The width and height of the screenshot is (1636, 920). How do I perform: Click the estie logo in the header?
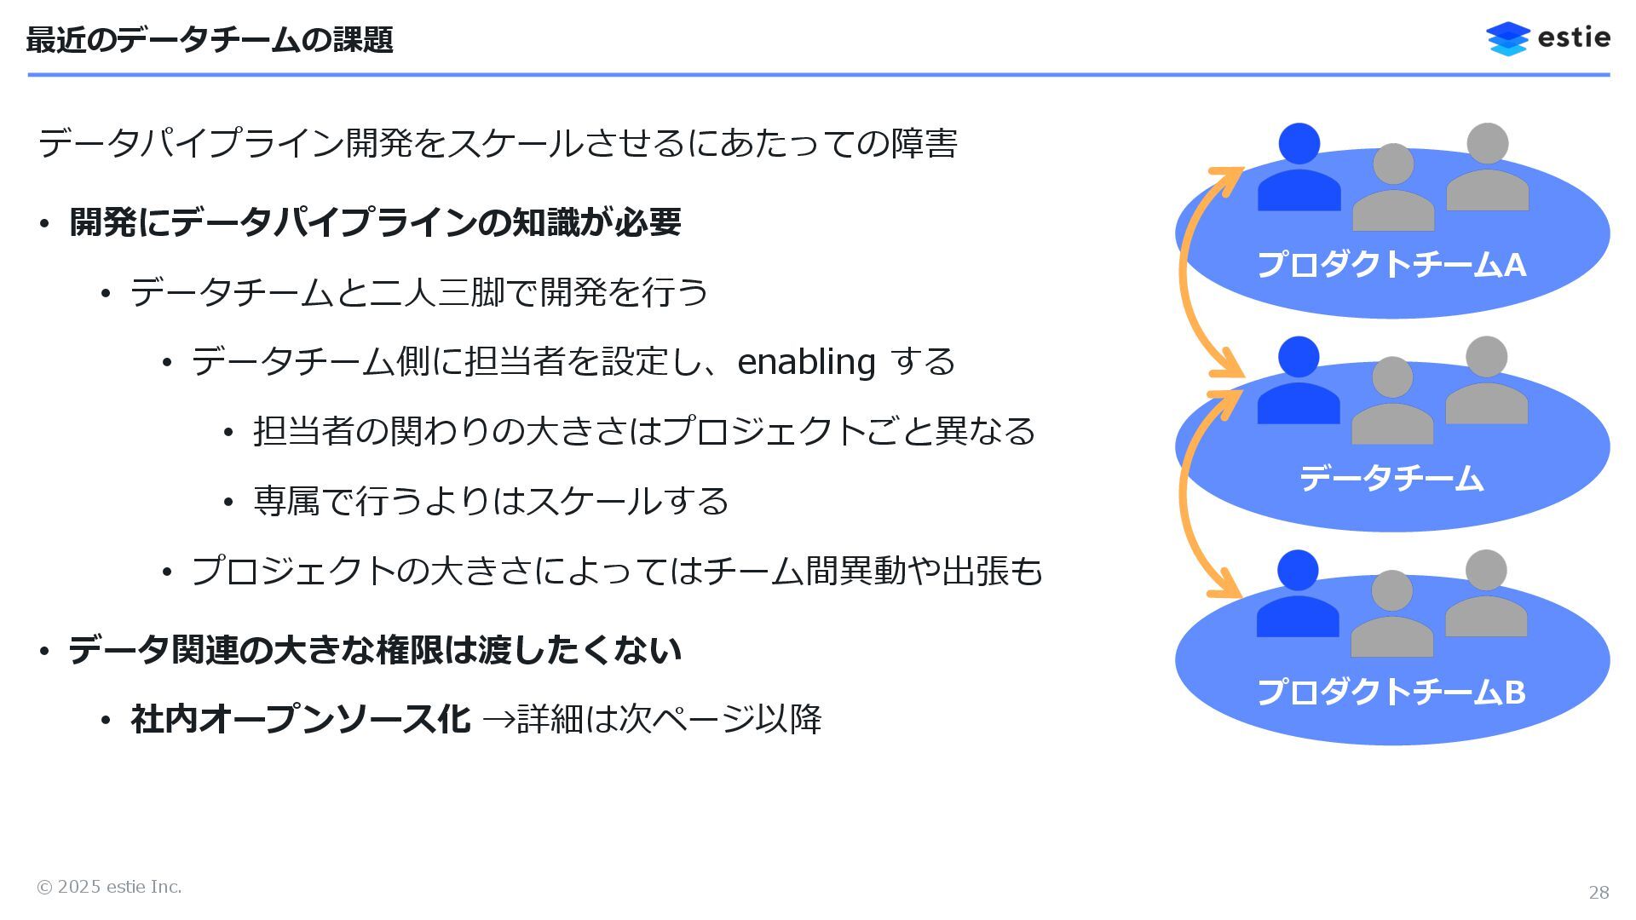[x=1547, y=38]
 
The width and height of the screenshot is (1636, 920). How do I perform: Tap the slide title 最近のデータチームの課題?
[x=210, y=40]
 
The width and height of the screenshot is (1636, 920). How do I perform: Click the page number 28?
[x=1599, y=892]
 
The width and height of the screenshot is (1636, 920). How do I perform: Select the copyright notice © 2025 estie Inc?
[x=109, y=887]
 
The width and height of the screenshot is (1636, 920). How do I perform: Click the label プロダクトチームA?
[x=1391, y=265]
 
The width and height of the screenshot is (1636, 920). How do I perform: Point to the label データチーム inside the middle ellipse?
[x=1391, y=478]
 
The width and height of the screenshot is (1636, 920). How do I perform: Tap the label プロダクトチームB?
[x=1391, y=692]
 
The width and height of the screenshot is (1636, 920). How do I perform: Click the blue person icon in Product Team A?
[x=1299, y=170]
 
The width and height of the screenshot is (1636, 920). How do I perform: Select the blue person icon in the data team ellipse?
[x=1299, y=383]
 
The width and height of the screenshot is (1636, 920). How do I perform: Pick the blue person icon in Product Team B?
[x=1298, y=596]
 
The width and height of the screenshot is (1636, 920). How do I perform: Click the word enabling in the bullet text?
[x=806, y=362]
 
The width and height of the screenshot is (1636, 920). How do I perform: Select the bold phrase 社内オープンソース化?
[x=300, y=719]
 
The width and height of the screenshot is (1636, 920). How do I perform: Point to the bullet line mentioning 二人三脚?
[x=418, y=292]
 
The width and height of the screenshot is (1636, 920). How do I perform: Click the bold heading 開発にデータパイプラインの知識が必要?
[x=375, y=222]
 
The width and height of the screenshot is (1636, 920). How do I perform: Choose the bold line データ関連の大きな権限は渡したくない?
[x=375, y=650]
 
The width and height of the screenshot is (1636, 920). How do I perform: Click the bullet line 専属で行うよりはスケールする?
[x=491, y=501]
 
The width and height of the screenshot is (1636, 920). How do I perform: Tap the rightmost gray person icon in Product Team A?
[x=1487, y=170]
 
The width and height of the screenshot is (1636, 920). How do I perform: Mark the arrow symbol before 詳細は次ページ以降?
[x=498, y=721]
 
